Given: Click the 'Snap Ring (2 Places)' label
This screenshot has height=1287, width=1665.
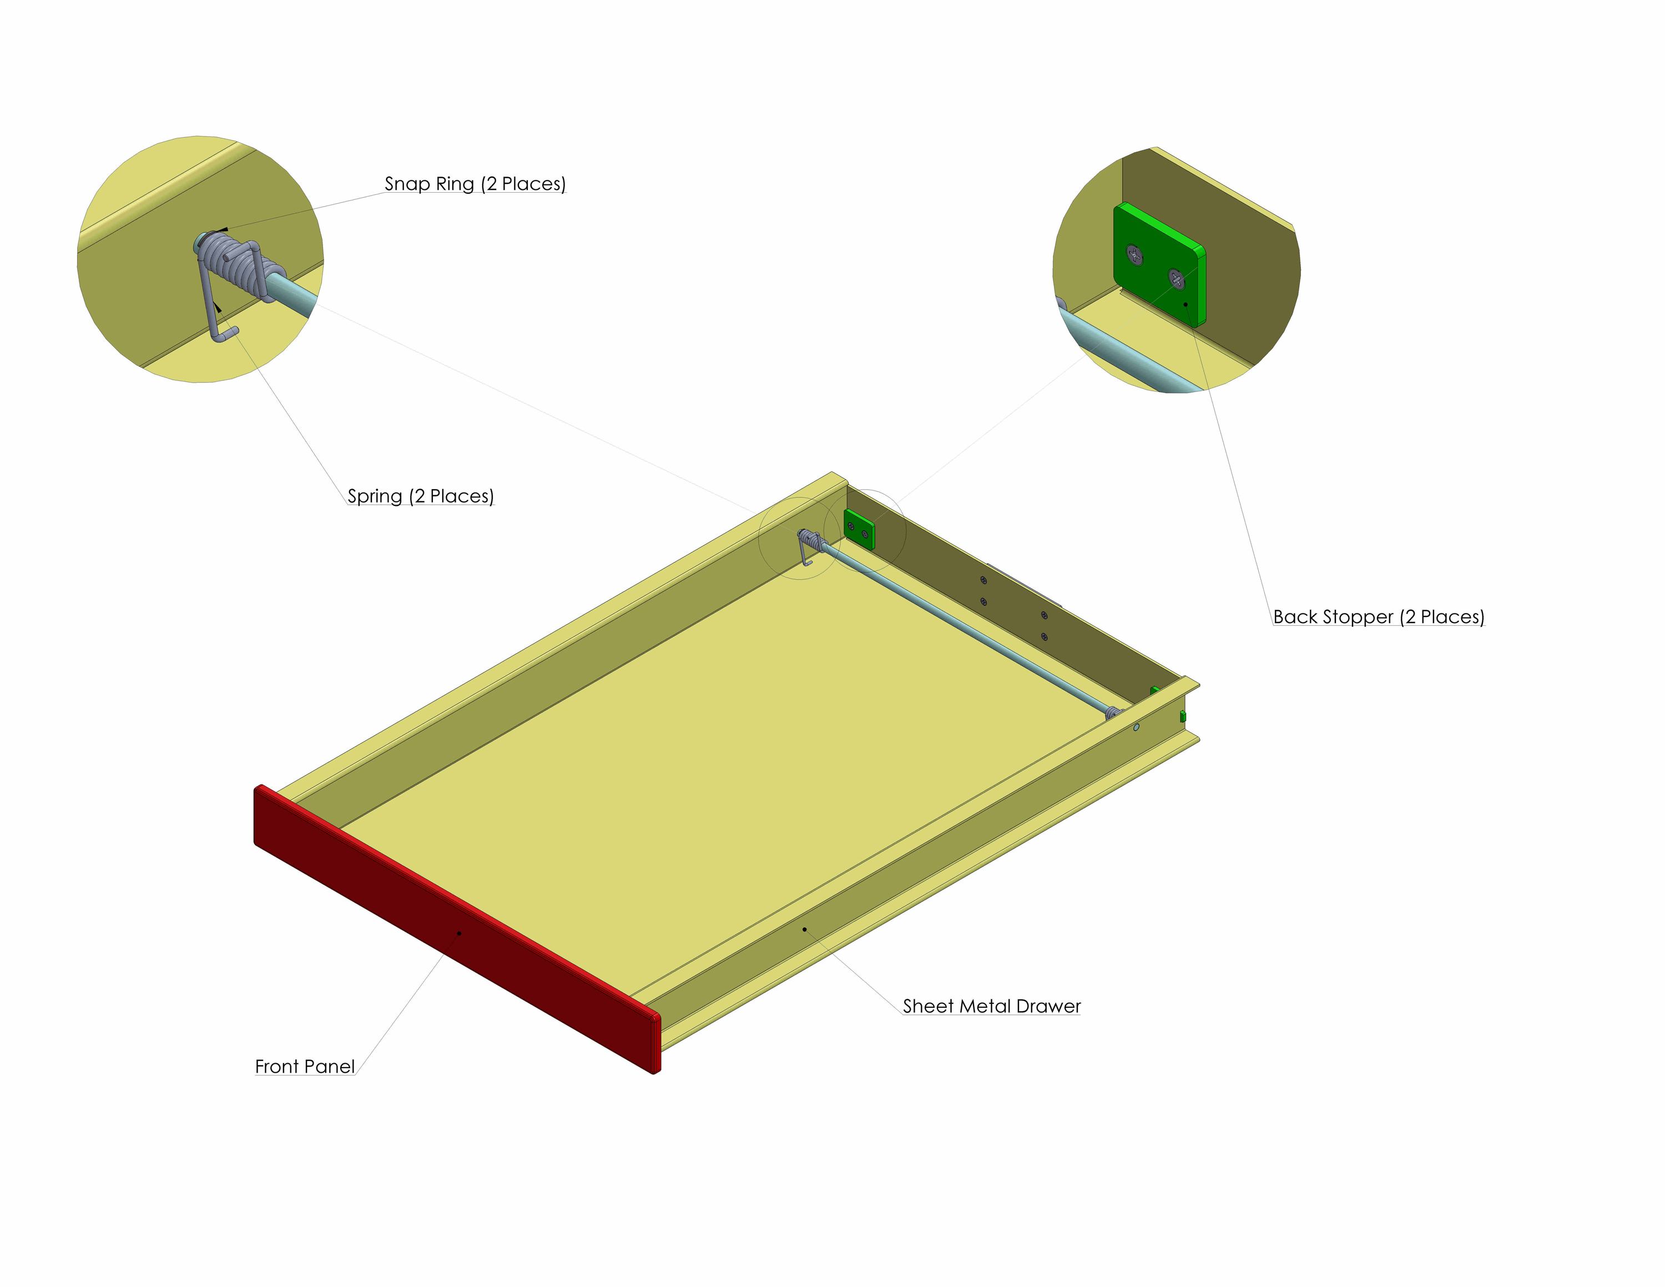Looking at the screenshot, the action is click(x=475, y=184).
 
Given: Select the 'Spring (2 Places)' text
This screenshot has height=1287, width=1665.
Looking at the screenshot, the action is click(x=421, y=496).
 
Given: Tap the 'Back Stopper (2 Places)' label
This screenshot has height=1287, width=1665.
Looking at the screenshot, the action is click(x=1379, y=617).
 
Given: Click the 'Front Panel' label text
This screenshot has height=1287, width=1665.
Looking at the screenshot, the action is click(x=305, y=1066).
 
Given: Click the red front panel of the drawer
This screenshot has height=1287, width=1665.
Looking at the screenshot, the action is click(x=457, y=930).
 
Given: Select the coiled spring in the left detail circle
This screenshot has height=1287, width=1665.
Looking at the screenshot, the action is click(x=236, y=259).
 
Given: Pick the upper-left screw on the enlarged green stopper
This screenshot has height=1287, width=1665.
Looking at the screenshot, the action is click(x=1134, y=255).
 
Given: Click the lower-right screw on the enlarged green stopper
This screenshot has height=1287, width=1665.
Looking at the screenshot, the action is click(x=1177, y=279).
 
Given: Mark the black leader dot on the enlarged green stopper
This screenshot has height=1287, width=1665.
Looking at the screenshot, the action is click(x=1185, y=304).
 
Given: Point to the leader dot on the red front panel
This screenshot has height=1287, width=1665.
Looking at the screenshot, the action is click(x=459, y=933).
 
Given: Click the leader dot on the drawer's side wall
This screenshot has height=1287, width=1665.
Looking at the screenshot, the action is click(x=804, y=929).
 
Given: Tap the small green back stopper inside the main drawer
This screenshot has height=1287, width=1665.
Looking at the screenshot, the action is click(x=859, y=529).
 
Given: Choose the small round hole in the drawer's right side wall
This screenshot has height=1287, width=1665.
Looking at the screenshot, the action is click(x=1137, y=727).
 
